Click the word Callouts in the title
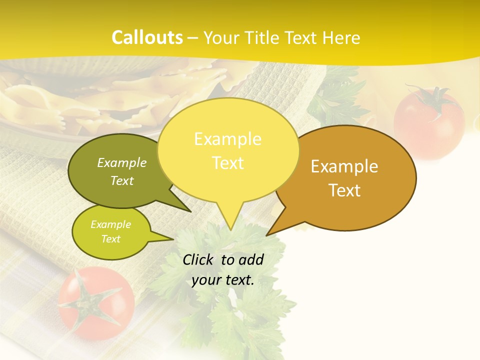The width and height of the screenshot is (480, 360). pos(147,37)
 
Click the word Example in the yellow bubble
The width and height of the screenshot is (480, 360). pos(228,139)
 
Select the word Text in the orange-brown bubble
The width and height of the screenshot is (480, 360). pos(344,190)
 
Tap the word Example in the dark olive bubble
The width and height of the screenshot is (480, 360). pos(122,162)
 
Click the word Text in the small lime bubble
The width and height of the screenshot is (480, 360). pos(111,239)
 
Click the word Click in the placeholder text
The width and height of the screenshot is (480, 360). pos(199,260)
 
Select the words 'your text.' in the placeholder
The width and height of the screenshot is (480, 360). pos(223,280)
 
